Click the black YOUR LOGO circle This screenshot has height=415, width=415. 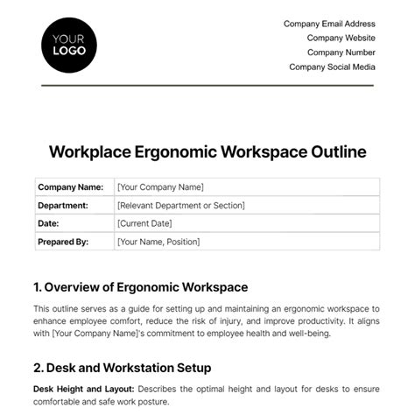[x=69, y=45]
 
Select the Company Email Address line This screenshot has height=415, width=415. [x=329, y=25]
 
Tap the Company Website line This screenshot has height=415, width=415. [x=341, y=39]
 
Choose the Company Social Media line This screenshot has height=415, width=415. [x=332, y=67]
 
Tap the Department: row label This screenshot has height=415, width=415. [x=63, y=205]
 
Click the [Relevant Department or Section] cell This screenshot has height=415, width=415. [x=180, y=205]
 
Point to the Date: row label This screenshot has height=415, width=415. [x=48, y=223]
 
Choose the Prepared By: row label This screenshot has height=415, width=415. [x=64, y=242]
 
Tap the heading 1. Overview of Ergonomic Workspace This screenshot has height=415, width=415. [x=141, y=286]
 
